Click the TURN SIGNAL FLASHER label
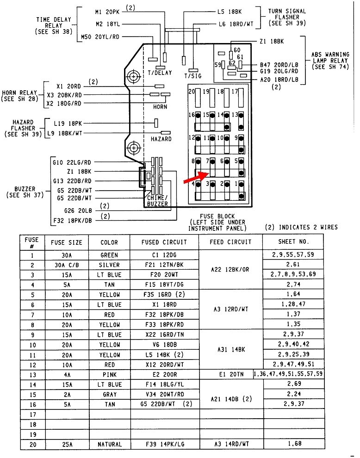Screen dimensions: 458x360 click(x=284, y=17)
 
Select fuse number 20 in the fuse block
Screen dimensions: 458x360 click(x=192, y=92)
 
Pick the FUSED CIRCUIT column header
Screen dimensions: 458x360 click(x=164, y=242)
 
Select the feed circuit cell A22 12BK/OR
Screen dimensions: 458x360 click(x=230, y=269)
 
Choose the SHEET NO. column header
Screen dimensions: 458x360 click(x=293, y=242)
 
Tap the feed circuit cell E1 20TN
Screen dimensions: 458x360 click(x=230, y=374)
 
